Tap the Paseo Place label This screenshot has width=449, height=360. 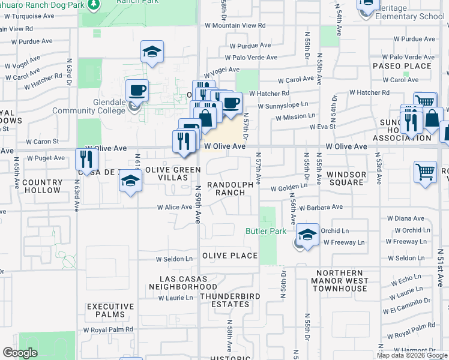tap(402, 66)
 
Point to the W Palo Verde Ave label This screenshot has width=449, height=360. tap(251, 58)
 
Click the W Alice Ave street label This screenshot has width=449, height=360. tap(174, 207)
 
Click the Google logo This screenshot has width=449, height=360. tap(20, 353)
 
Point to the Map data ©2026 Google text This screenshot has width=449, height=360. tap(412, 355)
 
